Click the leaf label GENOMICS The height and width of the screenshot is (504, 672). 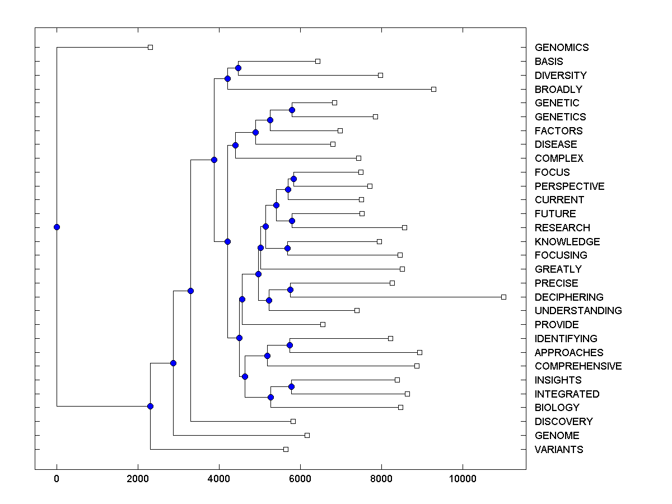(x=561, y=48)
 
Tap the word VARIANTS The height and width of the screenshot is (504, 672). (x=558, y=449)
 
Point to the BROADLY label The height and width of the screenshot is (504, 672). (x=558, y=89)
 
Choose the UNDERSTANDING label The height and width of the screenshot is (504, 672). (x=578, y=310)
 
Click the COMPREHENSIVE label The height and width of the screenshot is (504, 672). (x=578, y=366)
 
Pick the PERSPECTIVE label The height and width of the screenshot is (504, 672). (x=569, y=186)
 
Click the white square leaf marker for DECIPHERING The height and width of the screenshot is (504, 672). (x=503, y=297)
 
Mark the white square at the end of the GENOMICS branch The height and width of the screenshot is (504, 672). (x=150, y=48)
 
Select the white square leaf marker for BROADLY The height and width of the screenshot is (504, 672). (x=433, y=89)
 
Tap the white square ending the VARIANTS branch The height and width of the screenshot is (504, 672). (x=286, y=449)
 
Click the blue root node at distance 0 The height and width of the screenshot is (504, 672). (x=57, y=227)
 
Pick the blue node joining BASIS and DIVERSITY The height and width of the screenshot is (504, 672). (x=238, y=68)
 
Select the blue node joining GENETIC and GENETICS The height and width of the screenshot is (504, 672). (x=292, y=110)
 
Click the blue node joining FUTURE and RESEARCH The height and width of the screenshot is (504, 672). (x=292, y=221)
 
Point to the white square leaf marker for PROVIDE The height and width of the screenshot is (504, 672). (x=323, y=324)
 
